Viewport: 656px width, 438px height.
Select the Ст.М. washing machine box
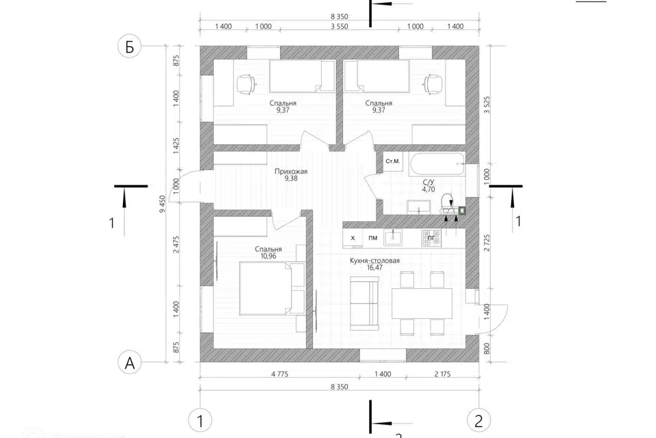coord(393,162)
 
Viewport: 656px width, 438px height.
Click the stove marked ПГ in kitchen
coord(430,237)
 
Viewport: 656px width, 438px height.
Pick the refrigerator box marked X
coord(353,237)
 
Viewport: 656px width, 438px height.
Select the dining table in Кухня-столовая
coord(422,302)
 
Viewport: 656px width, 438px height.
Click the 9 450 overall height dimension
coord(162,203)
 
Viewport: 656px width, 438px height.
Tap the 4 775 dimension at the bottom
coord(277,375)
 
